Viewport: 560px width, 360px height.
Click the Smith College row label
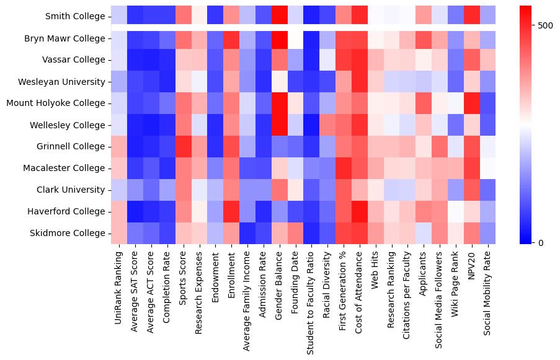[x=74, y=17]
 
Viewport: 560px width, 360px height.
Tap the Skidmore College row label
[x=67, y=233]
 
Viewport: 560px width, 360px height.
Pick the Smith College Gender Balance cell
[x=280, y=17]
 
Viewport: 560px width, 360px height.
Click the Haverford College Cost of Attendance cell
[x=360, y=211]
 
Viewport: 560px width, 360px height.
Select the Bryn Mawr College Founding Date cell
[x=296, y=38]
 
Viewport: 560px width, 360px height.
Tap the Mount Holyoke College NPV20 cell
[x=473, y=103]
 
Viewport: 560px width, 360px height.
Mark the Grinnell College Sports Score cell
[x=183, y=147]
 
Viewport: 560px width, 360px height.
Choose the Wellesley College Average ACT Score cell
[x=151, y=125]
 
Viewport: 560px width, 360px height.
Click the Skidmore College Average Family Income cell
[x=247, y=233]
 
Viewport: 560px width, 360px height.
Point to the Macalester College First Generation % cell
[x=344, y=168]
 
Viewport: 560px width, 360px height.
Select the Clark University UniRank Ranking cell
[x=118, y=190]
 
